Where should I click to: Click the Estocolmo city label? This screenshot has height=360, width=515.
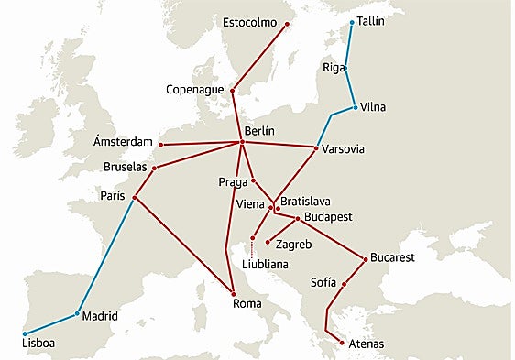tap(249, 22)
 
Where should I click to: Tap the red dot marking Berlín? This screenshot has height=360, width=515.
tap(241, 142)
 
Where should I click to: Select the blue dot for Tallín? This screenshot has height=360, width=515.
tap(352, 22)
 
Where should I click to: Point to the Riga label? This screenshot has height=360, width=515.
tap(334, 68)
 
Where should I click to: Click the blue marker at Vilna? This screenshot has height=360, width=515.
tap(355, 107)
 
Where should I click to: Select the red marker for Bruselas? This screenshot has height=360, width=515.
tap(154, 168)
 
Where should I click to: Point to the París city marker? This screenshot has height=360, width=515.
tap(135, 198)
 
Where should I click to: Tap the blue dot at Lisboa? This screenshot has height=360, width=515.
tap(25, 333)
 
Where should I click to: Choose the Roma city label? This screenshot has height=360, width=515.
tap(247, 303)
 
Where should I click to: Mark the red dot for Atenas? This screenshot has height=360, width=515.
tap(341, 342)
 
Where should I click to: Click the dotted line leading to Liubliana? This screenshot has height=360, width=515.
tap(252, 248)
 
